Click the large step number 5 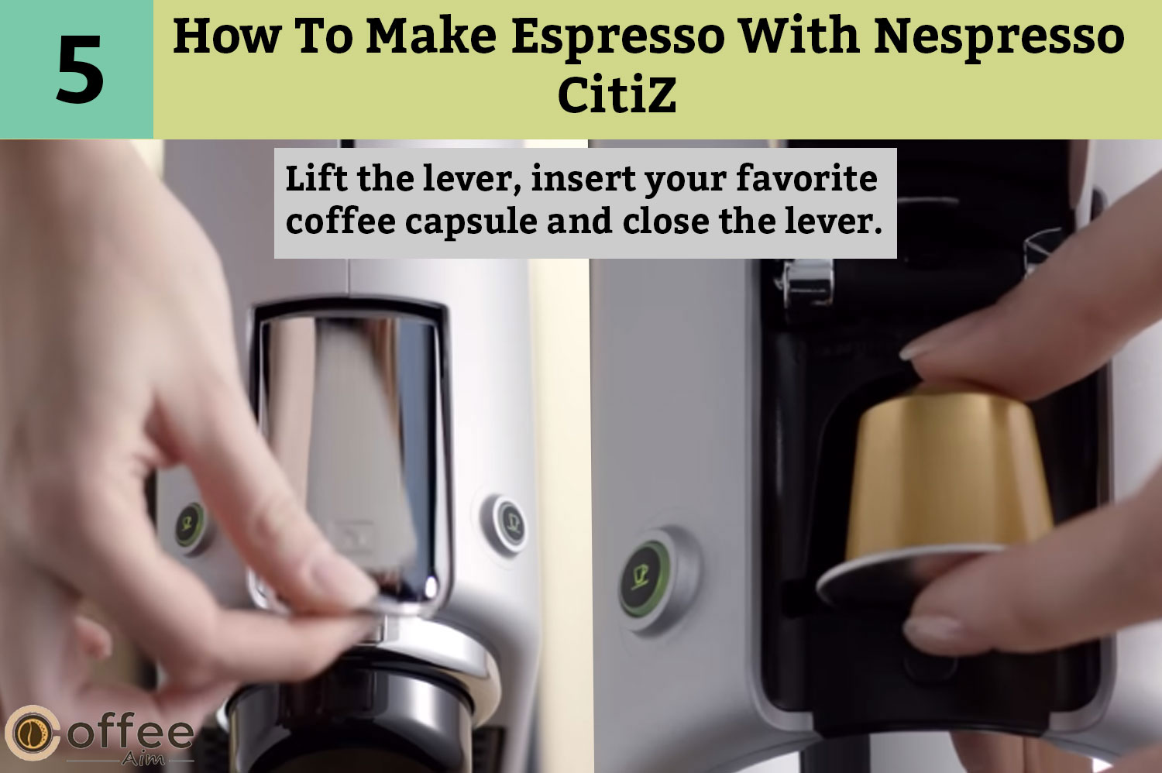[80, 70]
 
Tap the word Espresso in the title [618, 37]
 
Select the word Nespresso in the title [999, 37]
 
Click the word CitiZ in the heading [617, 95]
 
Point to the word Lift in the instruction [316, 178]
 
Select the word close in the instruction [665, 221]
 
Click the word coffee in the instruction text [340, 221]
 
